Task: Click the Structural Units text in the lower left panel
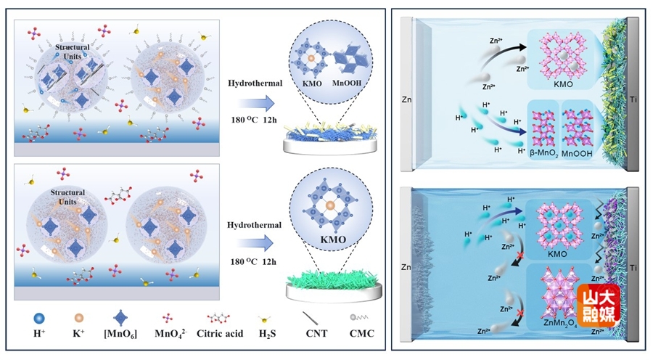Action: [67, 197]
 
